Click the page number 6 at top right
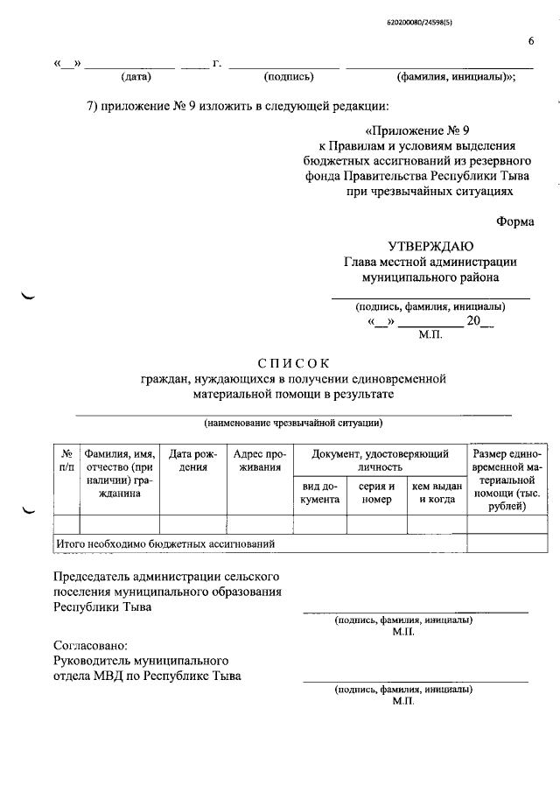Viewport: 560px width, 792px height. click(530, 41)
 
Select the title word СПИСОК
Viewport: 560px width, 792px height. click(293, 362)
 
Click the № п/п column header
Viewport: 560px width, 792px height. click(66, 460)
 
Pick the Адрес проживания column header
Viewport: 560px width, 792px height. click(258, 460)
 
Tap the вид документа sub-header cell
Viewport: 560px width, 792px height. click(320, 493)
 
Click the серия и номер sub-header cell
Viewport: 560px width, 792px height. click(376, 493)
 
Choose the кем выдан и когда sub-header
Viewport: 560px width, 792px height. click(436, 493)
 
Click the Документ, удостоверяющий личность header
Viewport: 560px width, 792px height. click(379, 460)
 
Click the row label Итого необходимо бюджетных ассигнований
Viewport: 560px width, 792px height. click(165, 543)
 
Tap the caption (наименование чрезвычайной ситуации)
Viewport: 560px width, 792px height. click(293, 424)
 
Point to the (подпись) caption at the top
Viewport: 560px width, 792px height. click(288, 77)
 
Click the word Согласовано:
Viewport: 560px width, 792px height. click(90, 645)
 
